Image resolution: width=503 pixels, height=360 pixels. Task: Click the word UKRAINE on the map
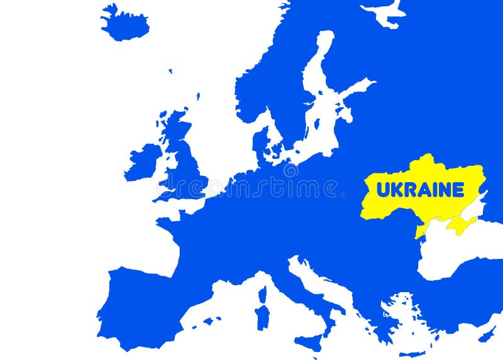click(420, 189)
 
